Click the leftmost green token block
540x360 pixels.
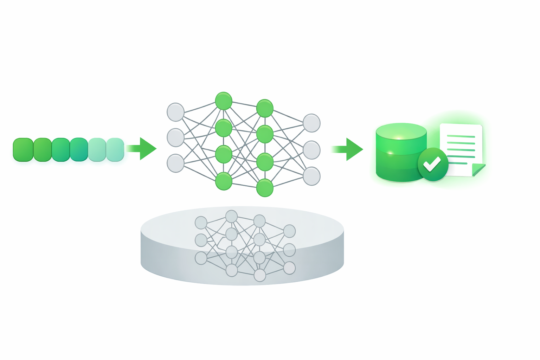23,149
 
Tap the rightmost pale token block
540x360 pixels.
115,149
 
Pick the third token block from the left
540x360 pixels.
61,149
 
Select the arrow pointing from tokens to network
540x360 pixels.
143,149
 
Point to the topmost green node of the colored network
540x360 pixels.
224,101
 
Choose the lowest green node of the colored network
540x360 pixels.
265,187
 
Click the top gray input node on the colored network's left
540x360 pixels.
175,112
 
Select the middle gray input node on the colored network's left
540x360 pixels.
175,137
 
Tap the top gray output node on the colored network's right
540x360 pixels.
311,123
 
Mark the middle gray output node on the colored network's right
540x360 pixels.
311,150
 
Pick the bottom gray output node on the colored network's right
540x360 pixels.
311,176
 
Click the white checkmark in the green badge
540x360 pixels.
432,164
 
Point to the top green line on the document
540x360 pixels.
461,136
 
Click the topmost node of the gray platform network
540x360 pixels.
231,216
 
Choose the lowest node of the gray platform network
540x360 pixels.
260,275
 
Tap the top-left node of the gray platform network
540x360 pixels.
201,223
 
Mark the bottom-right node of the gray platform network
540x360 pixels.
289,268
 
